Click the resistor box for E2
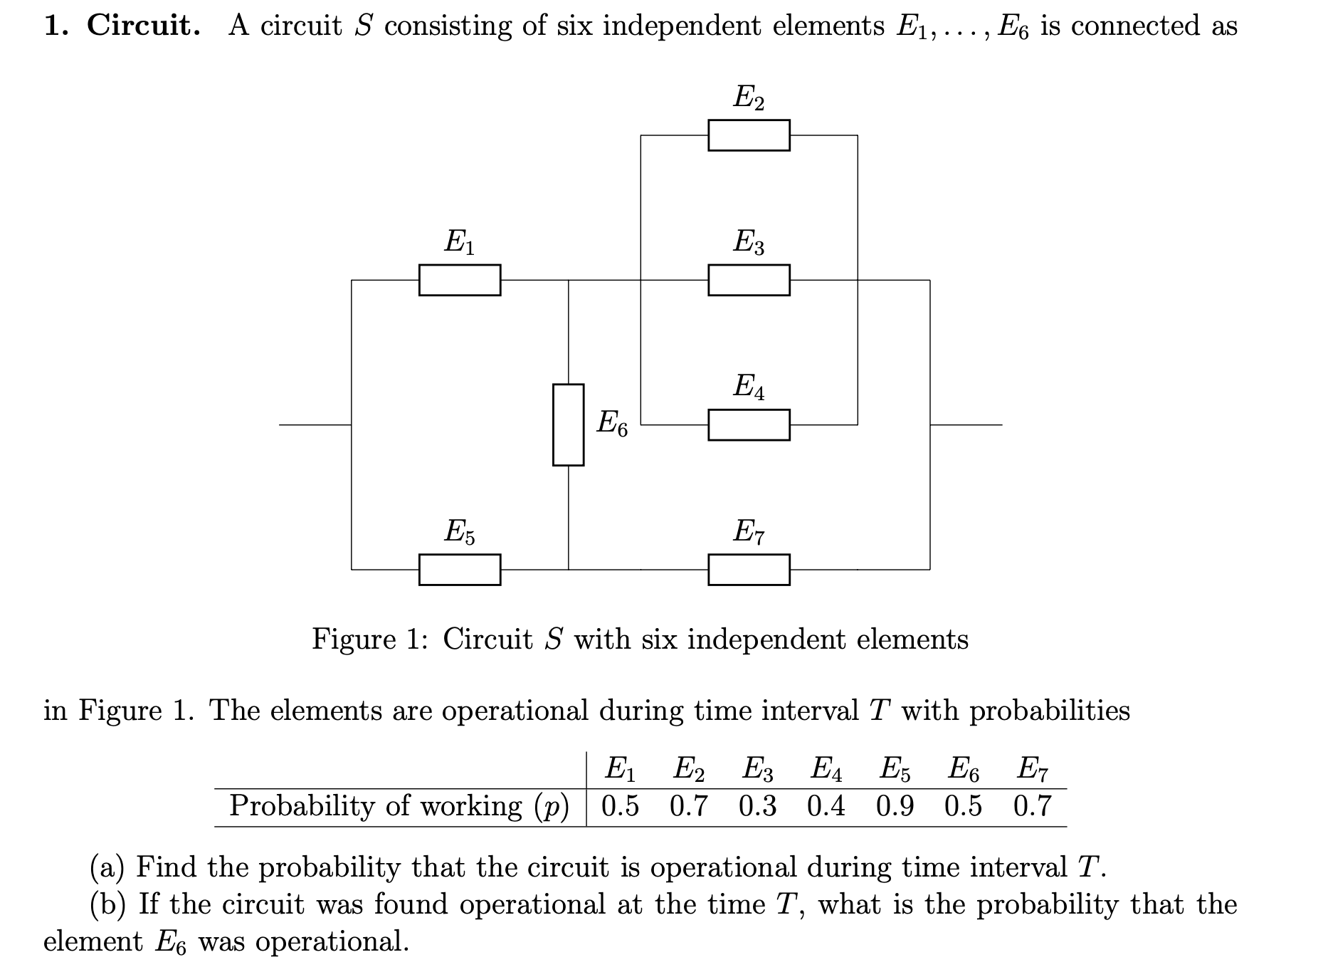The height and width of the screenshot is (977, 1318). (x=749, y=135)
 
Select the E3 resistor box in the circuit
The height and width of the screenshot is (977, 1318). (x=749, y=280)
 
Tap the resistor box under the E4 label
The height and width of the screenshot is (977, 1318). (x=749, y=425)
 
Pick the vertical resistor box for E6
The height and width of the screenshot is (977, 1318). (x=568, y=425)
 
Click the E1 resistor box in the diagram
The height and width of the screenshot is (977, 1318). (x=459, y=280)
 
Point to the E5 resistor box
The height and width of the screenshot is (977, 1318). (x=459, y=570)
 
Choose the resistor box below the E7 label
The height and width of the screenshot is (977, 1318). (x=749, y=570)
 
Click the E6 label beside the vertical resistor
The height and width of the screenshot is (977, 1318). (x=612, y=424)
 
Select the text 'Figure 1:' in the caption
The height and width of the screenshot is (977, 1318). (x=369, y=639)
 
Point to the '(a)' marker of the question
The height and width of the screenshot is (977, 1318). (x=107, y=867)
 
